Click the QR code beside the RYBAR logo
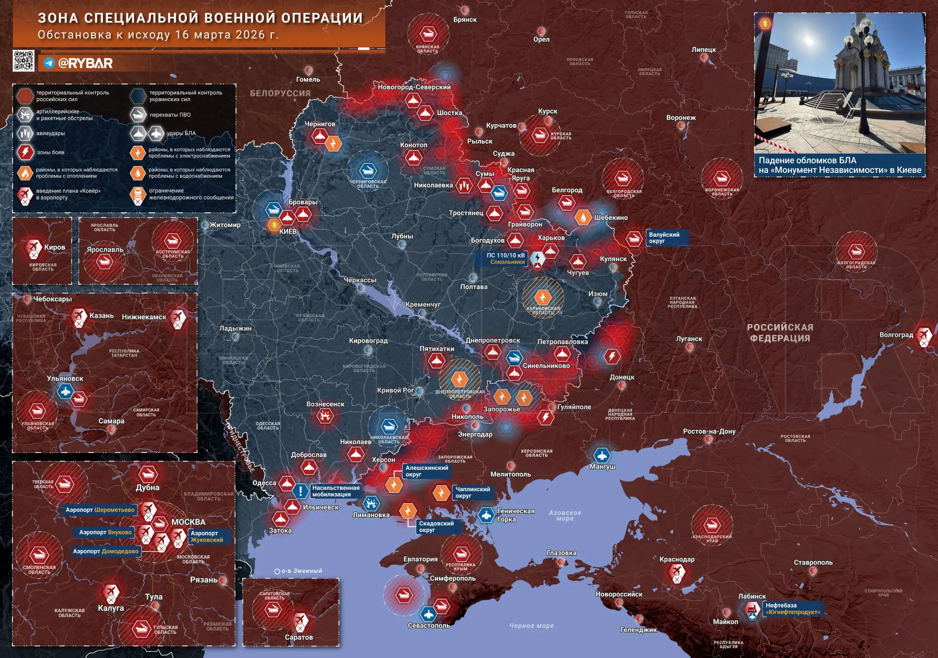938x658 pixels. tap(23, 61)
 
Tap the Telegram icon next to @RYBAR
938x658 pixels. tap(49, 63)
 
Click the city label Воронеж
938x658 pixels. tap(681, 118)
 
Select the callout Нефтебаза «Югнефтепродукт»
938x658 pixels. tap(792, 609)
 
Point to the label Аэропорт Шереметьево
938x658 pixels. tap(100, 510)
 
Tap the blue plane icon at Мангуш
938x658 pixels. tap(602, 455)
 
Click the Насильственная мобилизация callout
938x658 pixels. tap(335, 491)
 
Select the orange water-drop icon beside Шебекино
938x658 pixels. tap(583, 218)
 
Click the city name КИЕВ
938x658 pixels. tap(288, 231)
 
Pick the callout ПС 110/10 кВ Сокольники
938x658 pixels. tap(506, 259)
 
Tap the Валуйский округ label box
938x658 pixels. tap(665, 238)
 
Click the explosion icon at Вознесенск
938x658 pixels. tap(325, 416)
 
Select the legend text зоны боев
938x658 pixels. tap(51, 152)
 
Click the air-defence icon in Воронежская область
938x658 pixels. tap(721, 178)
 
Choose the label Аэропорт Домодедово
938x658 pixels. tap(106, 551)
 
